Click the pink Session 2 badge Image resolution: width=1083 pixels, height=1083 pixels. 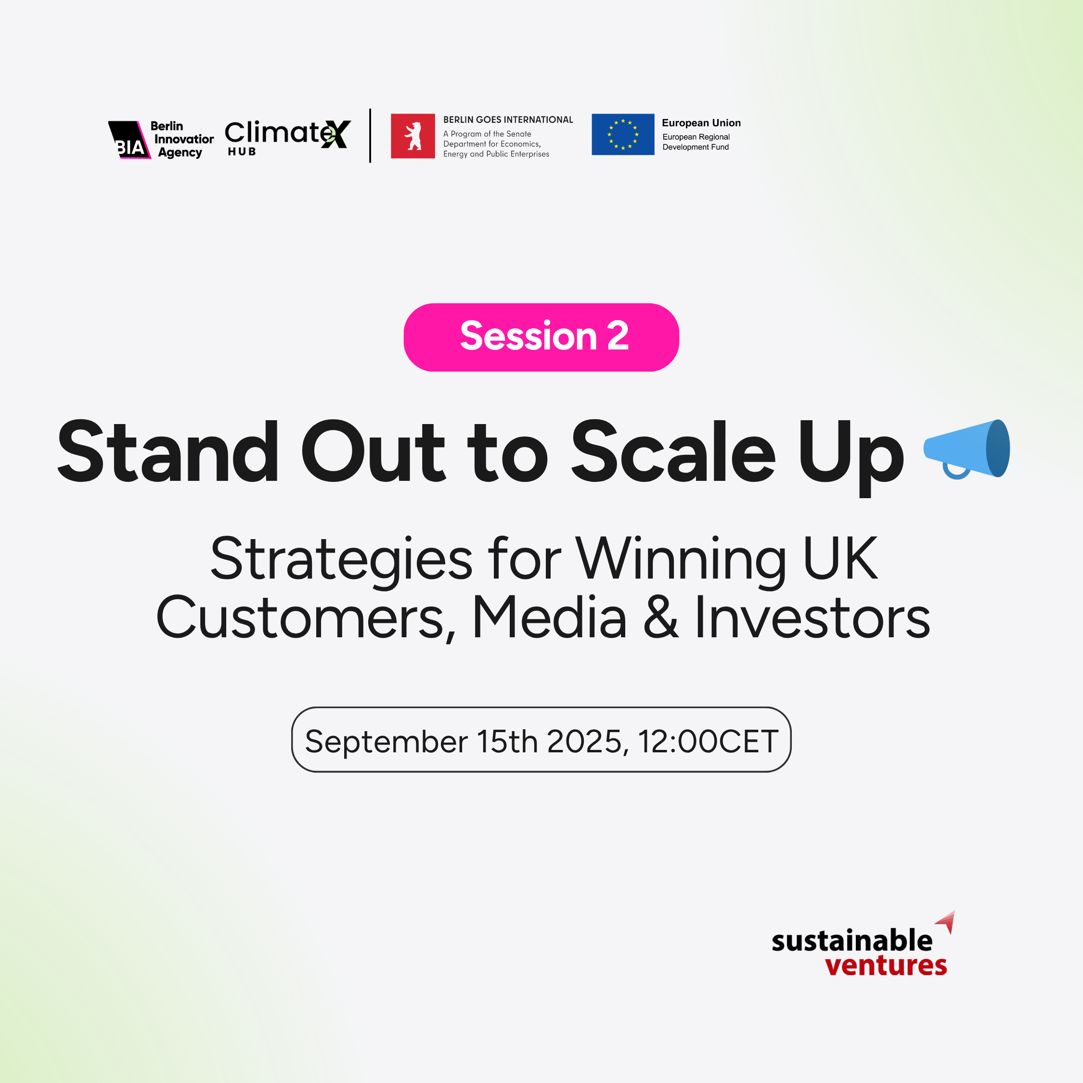click(x=541, y=337)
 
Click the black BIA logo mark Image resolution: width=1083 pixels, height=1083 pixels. click(x=129, y=140)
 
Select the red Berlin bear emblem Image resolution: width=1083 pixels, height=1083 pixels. click(x=413, y=136)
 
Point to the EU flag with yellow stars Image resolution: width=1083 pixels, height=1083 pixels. click(x=623, y=135)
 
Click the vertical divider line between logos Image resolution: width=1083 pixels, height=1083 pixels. click(x=370, y=136)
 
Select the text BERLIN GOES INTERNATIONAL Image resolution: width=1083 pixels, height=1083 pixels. click(x=508, y=119)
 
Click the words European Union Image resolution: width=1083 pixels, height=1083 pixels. click(x=701, y=123)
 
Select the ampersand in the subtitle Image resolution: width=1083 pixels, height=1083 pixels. click(x=661, y=617)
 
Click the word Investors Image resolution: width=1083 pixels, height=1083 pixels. click(x=812, y=617)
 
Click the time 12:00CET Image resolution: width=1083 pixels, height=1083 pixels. click(x=708, y=741)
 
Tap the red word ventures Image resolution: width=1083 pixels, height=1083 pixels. click(x=886, y=965)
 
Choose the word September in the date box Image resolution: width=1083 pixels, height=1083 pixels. click(x=386, y=741)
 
